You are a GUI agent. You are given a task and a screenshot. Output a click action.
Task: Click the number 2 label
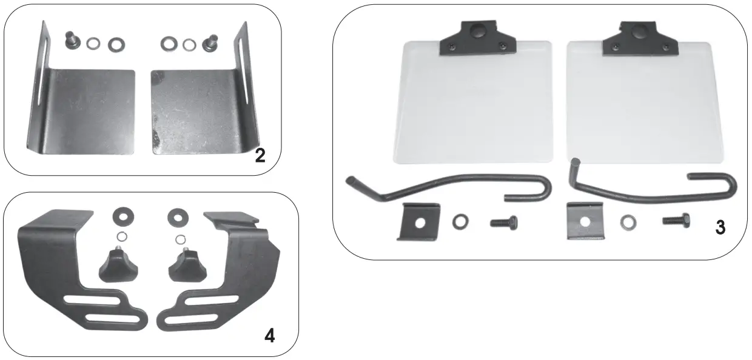260,156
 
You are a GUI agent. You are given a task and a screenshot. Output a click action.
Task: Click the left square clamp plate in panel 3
417,221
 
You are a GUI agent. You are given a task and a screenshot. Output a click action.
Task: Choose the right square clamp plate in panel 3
584,221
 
